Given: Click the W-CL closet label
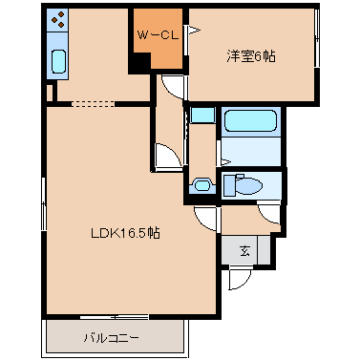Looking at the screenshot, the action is tap(158, 35).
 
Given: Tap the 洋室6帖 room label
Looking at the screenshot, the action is tap(251, 56).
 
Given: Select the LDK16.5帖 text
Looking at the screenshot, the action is tap(125, 233).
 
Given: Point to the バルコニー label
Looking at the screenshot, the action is tap(111, 337).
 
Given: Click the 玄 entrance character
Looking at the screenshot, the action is tap(244, 251).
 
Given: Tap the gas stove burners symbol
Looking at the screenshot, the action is tap(57, 19).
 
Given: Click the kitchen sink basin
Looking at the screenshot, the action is tap(58, 61).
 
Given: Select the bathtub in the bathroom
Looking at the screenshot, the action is tap(250, 120).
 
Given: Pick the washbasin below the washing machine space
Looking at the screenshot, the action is tap(201, 185).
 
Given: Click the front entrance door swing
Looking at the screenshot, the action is tap(240, 278).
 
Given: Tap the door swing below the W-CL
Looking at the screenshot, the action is tap(172, 87).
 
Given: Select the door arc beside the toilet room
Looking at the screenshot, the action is tap(269, 214).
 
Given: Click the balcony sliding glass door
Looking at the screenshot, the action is tap(114, 317).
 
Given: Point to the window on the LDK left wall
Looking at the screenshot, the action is tap(44, 204).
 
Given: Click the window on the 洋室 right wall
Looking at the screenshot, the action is tap(317, 38).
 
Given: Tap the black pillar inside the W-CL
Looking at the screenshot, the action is tap(139, 63).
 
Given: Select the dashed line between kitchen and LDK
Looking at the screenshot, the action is tap(93, 104).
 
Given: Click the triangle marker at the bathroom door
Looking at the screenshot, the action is tap(225, 162).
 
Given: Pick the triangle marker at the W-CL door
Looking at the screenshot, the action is tap(195, 31).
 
